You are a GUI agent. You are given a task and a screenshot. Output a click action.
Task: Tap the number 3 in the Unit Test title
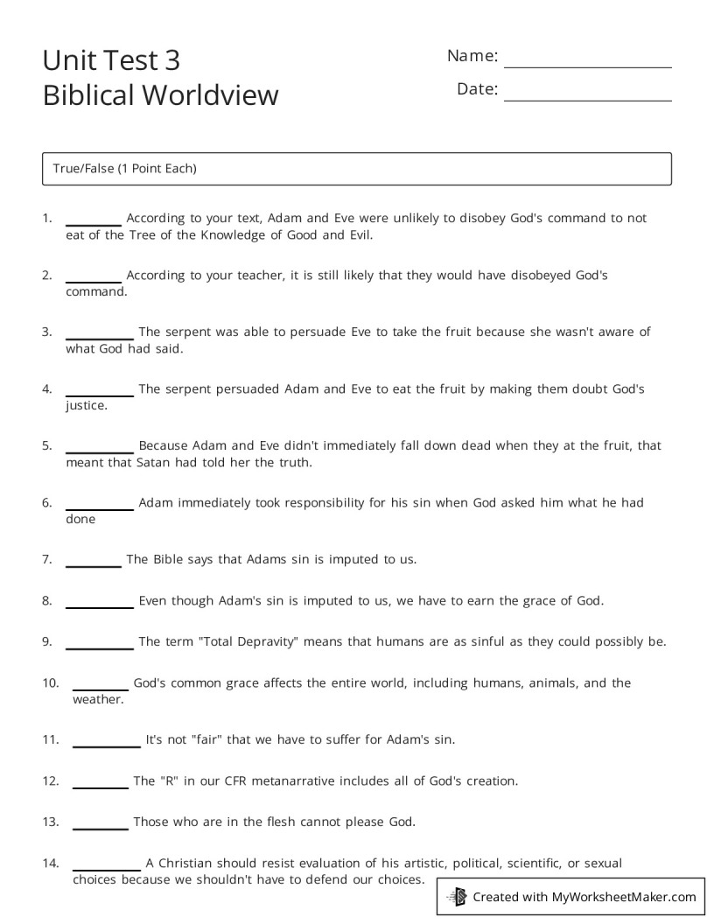tap(171, 60)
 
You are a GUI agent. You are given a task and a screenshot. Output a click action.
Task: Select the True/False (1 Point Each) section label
tap(124, 169)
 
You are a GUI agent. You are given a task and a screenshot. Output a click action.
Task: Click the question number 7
tap(47, 559)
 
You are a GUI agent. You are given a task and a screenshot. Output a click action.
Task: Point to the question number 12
tap(51, 780)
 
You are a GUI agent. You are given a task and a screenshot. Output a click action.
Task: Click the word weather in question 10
tap(98, 699)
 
